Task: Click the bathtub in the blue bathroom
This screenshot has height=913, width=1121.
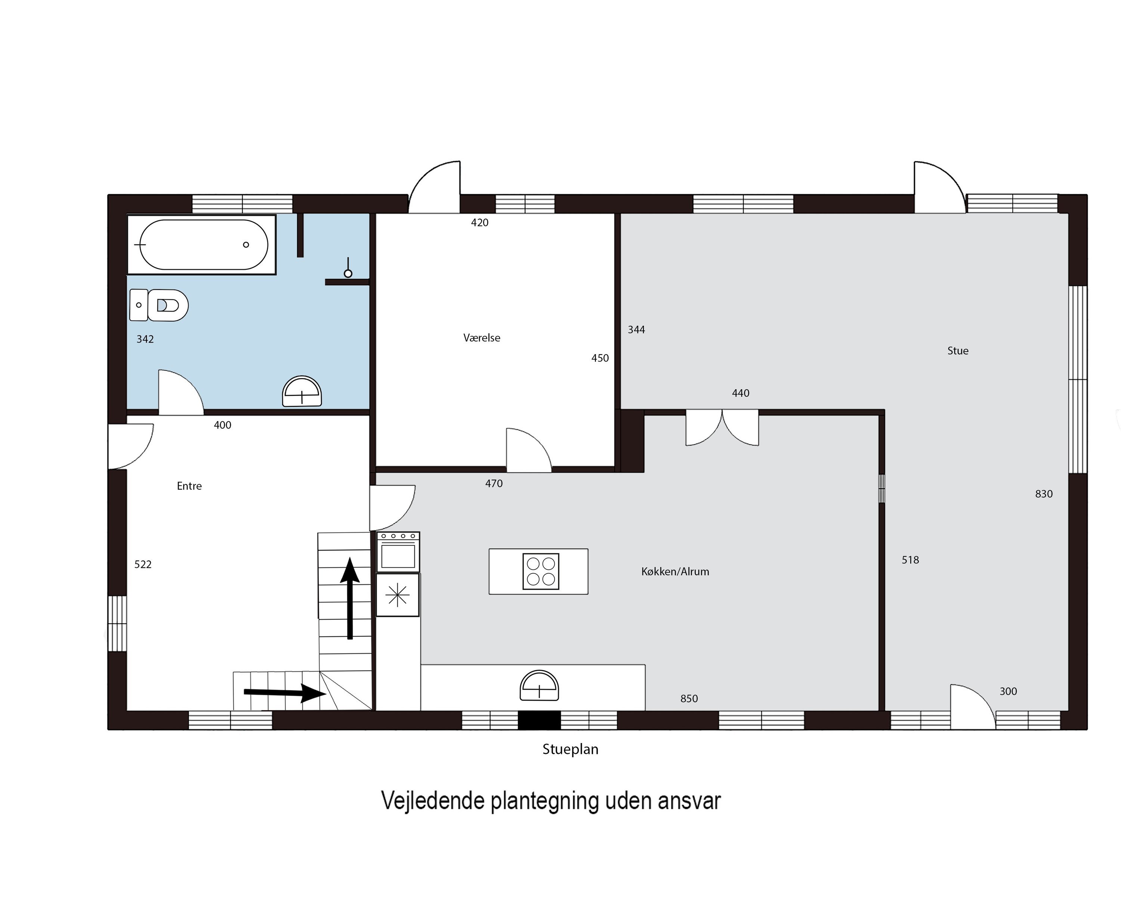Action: (201, 245)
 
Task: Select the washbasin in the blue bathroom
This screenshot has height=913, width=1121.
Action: (302, 391)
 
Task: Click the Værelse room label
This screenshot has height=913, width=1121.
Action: (482, 338)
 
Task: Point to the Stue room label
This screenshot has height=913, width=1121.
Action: (958, 351)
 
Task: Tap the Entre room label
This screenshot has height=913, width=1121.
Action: (189, 486)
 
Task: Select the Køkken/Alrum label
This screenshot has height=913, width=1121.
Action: (676, 572)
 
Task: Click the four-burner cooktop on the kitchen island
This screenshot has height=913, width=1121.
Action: (541, 572)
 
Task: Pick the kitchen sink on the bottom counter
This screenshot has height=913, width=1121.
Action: (539, 685)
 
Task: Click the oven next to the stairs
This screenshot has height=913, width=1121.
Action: (398, 552)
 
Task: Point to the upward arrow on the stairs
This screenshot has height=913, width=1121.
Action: (350, 598)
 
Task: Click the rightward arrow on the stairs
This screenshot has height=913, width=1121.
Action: (285, 693)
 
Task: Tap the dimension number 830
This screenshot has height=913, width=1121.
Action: (1044, 494)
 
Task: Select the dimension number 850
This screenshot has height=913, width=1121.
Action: (689, 699)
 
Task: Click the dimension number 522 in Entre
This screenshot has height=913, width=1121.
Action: (143, 564)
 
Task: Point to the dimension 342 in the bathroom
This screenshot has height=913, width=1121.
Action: (145, 339)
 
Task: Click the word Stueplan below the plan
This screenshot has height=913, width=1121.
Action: (571, 749)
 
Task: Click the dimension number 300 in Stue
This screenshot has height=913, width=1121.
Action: (1009, 691)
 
